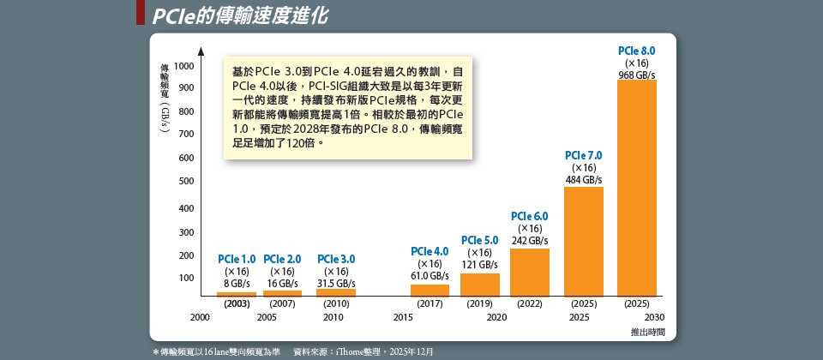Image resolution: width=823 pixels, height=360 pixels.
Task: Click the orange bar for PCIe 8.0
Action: [x=636, y=189]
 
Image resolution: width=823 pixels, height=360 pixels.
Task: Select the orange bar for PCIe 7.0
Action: [x=583, y=242]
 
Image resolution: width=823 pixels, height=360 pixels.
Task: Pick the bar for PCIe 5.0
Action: [x=480, y=285]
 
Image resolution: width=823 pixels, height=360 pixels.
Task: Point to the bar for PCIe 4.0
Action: [x=430, y=290]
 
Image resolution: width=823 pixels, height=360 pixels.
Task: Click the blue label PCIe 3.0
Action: [x=336, y=259]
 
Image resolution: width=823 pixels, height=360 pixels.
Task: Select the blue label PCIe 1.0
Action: [x=237, y=259]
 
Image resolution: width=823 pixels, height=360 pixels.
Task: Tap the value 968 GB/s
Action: [x=636, y=75]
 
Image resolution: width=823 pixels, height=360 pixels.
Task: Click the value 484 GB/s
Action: [x=584, y=180]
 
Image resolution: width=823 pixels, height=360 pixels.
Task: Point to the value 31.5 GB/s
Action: [x=336, y=283]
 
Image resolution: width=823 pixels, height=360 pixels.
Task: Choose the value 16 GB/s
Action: [x=282, y=283]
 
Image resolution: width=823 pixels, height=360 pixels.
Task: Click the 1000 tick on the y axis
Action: [x=183, y=66]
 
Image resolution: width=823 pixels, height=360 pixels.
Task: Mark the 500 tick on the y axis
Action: [x=186, y=181]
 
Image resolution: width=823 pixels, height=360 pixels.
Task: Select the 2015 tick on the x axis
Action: [x=403, y=317]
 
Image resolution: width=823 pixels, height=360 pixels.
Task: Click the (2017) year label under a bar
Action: [x=430, y=303]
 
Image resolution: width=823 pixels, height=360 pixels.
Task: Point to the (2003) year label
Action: [x=237, y=303]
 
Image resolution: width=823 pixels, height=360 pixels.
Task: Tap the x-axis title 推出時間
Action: [x=647, y=331]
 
